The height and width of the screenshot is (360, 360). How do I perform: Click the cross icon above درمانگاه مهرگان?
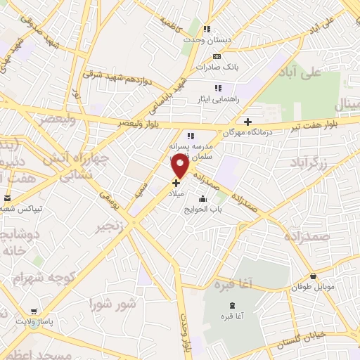(247, 121)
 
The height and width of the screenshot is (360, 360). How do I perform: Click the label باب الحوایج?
(203, 209)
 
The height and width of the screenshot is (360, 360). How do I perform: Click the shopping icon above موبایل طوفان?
(313, 276)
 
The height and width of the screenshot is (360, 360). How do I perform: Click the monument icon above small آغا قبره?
(233, 304)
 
